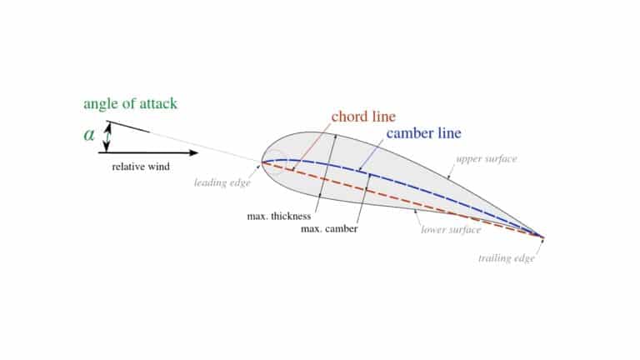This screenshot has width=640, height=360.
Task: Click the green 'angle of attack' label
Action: pyautogui.click(x=130, y=104)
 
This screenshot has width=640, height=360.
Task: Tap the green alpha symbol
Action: pyautogui.click(x=89, y=134)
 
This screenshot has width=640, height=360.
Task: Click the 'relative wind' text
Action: pyautogui.click(x=141, y=167)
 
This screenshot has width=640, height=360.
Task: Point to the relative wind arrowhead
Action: pyautogui.click(x=193, y=152)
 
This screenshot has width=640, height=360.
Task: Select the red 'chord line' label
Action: pyautogui.click(x=363, y=117)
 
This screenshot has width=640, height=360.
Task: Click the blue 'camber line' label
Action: pyautogui.click(x=423, y=133)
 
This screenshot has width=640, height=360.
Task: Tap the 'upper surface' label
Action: pyautogui.click(x=486, y=159)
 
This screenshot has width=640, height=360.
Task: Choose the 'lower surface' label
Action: pyautogui.click(x=451, y=229)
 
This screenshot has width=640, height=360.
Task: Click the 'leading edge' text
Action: pyautogui.click(x=222, y=182)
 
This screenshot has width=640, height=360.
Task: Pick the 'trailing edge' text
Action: pyautogui.click(x=506, y=258)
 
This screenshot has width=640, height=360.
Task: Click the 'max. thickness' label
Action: pyautogui.click(x=279, y=216)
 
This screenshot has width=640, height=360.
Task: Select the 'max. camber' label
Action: pyautogui.click(x=329, y=229)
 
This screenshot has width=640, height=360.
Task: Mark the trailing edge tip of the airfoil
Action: pyautogui.click(x=543, y=237)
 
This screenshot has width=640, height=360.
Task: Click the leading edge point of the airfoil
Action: pyautogui.click(x=262, y=162)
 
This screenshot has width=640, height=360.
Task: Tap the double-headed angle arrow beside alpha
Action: pyautogui.click(x=107, y=137)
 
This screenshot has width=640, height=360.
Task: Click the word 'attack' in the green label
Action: pyautogui.click(x=158, y=103)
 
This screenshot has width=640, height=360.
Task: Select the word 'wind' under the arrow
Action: pyautogui.click(x=158, y=167)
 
